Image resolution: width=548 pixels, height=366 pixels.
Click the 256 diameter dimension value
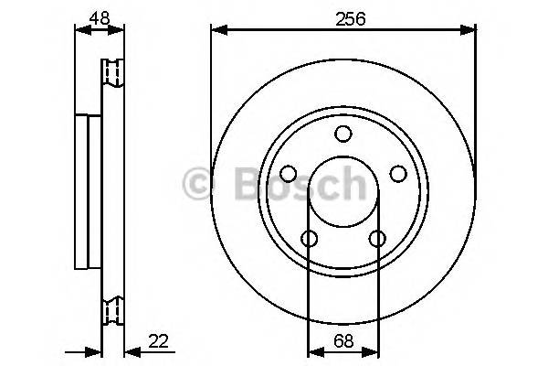point(343,17)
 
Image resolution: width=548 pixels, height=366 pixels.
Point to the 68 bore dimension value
point(343,340)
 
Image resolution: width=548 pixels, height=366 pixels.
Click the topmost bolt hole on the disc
point(343,135)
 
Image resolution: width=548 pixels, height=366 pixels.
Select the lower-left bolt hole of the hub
point(310,239)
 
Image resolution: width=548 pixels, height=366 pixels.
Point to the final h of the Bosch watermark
point(352,186)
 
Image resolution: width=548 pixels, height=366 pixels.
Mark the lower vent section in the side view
point(112,311)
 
